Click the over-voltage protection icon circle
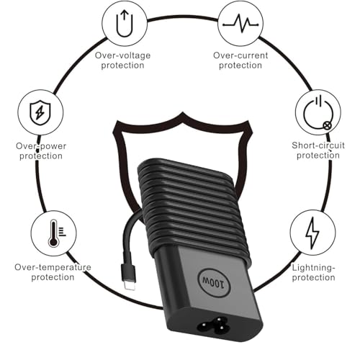click(125, 23)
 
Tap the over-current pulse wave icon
click(240, 24)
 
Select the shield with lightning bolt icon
click(40, 112)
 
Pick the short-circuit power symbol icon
click(318, 112)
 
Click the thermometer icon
click(55, 233)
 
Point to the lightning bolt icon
click(312, 233)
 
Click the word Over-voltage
click(122, 55)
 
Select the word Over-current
click(240, 55)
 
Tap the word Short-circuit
click(318, 145)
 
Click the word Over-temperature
click(53, 267)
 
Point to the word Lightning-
click(313, 268)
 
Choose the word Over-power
click(41, 146)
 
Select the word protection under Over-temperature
click(53, 277)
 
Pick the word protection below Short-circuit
click(318, 156)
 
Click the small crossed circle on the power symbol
click(328, 125)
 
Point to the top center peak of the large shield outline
click(183, 112)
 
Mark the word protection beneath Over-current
click(240, 66)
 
